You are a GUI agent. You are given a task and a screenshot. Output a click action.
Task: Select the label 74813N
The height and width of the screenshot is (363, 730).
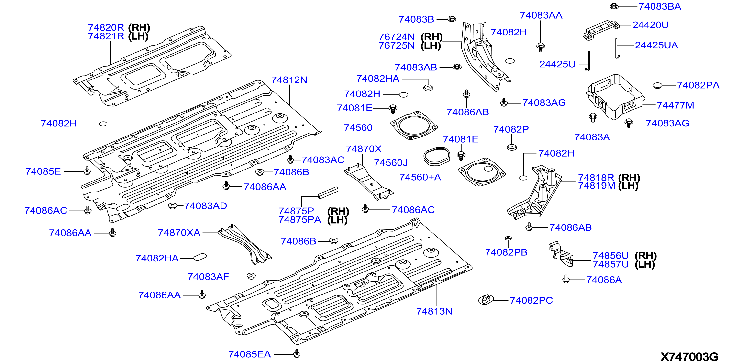point(434,311)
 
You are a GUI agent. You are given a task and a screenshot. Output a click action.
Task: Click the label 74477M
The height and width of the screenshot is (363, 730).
point(675,105)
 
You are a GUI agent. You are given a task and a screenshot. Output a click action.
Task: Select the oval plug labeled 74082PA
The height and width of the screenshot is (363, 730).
point(657,85)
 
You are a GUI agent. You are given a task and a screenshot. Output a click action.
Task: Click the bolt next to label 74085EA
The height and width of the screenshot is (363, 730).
point(297,353)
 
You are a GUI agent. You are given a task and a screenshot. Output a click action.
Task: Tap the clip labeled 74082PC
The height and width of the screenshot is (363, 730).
point(486,299)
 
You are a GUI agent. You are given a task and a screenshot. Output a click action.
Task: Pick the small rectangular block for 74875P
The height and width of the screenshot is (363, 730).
point(328,193)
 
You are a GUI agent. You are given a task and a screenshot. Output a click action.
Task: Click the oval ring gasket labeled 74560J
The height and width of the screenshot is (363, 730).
point(437,156)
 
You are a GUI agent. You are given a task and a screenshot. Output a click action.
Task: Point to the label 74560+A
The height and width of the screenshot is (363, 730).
point(420,177)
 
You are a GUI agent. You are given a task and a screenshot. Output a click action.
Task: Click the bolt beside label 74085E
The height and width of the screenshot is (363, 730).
point(87,171)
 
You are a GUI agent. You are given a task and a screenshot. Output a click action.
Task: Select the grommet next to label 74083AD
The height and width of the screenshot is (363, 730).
point(172,206)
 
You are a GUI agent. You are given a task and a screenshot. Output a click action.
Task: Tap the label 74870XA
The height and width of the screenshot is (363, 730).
point(179,233)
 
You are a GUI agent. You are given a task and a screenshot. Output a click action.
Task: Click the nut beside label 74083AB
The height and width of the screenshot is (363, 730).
point(457,67)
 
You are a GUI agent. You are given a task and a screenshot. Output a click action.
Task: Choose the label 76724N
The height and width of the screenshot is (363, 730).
point(397,37)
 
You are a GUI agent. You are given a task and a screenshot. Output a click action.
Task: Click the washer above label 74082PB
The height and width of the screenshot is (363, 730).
point(508,238)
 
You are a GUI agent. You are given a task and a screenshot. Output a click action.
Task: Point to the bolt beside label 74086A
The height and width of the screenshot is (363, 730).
point(566,279)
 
